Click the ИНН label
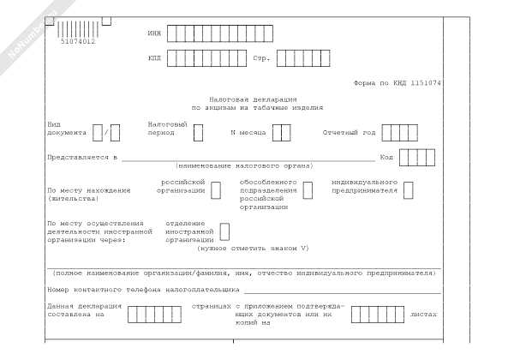[x=153, y=35]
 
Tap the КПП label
[x=153, y=59]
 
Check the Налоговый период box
[x=198, y=133]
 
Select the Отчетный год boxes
[x=399, y=133]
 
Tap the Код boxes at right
[x=417, y=158]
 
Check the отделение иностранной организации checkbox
[x=224, y=231]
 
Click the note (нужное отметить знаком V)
[x=253, y=248]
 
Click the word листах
[x=423, y=314]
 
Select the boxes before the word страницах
[x=154, y=314]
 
